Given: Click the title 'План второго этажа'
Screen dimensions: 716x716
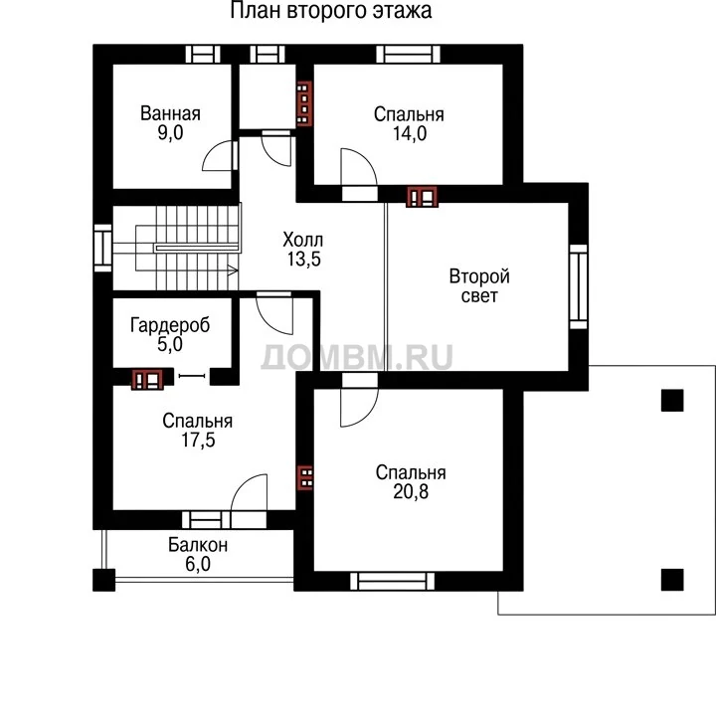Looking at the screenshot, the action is click(x=331, y=11).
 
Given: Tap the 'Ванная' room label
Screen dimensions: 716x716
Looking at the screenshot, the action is click(x=170, y=113).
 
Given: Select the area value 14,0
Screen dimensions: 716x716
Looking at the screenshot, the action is click(x=410, y=134).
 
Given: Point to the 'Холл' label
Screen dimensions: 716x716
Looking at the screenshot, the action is click(x=303, y=240).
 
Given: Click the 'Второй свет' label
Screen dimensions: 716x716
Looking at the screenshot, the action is click(x=479, y=286).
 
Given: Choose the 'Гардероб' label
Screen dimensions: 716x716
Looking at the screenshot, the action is click(x=170, y=325).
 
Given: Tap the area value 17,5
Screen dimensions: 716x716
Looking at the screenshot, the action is click(x=198, y=441).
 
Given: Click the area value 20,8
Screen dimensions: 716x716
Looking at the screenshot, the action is click(x=411, y=492).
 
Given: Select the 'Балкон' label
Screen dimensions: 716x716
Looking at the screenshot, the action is click(x=198, y=545).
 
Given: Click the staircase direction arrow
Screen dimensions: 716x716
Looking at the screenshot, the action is click(x=233, y=270).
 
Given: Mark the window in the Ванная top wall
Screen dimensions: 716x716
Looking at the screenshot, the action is click(x=203, y=55).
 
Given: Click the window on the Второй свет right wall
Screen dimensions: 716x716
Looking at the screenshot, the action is click(x=579, y=286).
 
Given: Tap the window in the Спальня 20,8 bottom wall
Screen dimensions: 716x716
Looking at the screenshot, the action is click(x=392, y=582).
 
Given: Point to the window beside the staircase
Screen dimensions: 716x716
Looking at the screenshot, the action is click(x=102, y=248).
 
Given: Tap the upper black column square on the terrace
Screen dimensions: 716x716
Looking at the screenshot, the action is click(x=672, y=401).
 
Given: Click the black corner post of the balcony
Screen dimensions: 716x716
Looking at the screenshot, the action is click(x=104, y=580).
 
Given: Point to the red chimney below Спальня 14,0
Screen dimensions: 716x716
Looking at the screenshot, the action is click(x=422, y=197).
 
